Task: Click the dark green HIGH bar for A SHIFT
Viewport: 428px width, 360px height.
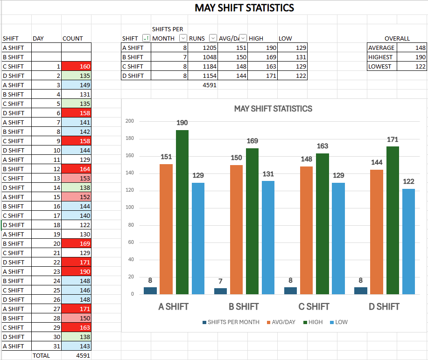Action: tap(182, 212)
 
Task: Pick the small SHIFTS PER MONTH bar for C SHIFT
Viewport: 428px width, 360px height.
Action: tap(291, 291)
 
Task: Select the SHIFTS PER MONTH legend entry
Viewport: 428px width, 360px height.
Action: tap(231, 322)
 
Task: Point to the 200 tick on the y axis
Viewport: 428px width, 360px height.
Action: tap(130, 121)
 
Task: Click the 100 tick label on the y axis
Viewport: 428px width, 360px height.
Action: tap(130, 208)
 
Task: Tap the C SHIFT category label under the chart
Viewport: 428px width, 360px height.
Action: tap(314, 306)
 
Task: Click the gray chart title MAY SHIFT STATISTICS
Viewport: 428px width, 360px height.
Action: tap(273, 109)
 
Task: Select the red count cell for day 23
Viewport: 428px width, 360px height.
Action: tap(77, 271)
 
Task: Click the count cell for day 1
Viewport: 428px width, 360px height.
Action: tap(77, 66)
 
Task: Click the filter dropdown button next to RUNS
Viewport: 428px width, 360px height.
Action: tap(213, 38)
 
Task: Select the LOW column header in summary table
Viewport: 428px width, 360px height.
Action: tap(285, 38)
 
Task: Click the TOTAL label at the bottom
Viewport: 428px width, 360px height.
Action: tap(41, 355)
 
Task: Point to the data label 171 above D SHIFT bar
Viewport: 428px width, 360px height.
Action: tap(393, 139)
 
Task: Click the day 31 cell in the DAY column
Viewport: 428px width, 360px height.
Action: tap(47, 346)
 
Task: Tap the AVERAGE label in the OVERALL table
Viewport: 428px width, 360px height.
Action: tap(381, 48)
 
